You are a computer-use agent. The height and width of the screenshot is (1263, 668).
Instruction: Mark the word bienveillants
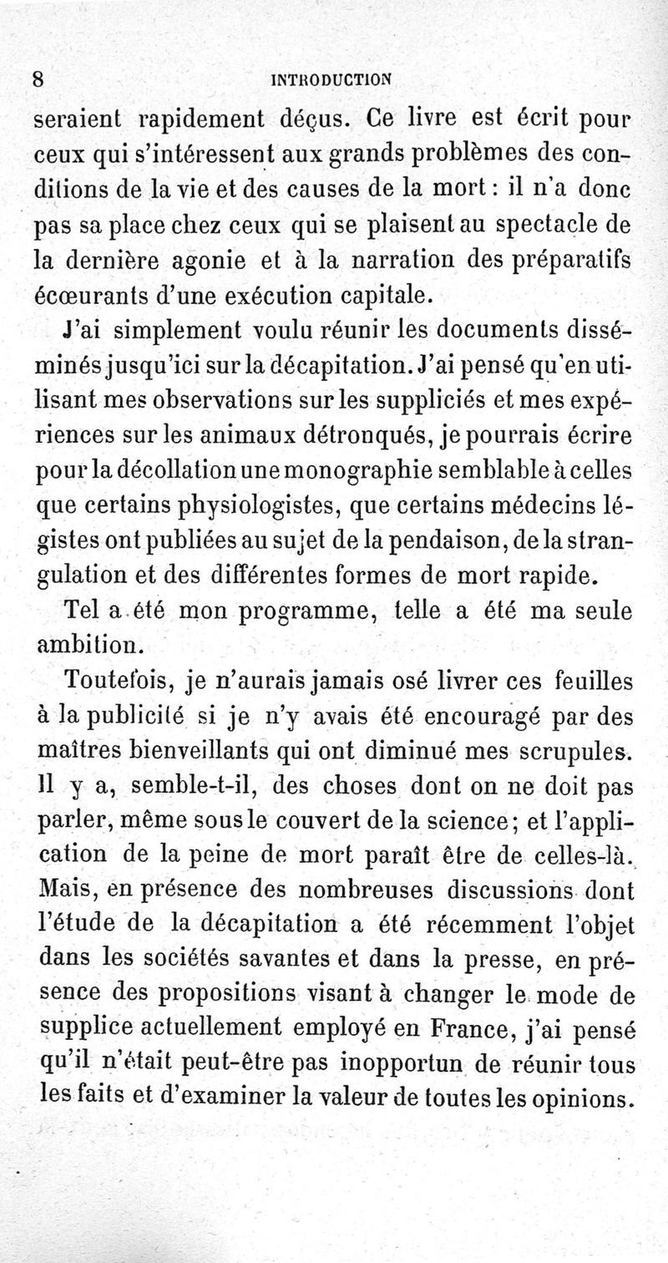click(185, 751)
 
